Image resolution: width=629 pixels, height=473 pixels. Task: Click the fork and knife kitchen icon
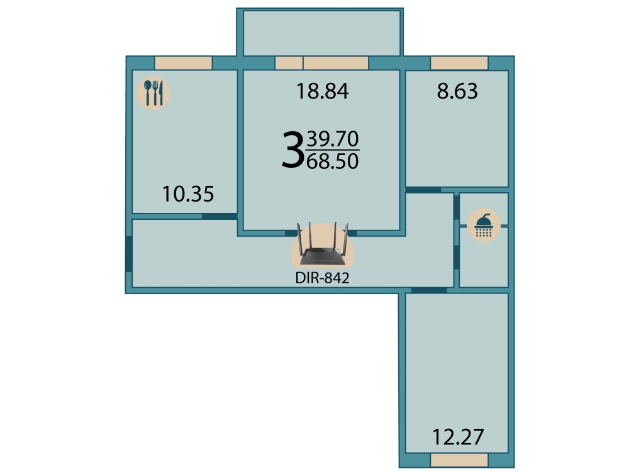tap(153, 93)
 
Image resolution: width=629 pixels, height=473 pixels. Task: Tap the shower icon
tap(483, 225)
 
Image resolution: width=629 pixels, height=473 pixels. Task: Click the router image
tap(323, 244)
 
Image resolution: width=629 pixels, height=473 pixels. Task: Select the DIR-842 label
tap(322, 278)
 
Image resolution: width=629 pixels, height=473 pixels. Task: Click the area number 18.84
tap(322, 91)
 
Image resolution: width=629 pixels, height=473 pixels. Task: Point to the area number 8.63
tap(457, 91)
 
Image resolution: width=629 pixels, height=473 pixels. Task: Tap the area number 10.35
tap(187, 194)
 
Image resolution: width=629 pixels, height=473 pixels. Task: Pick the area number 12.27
tap(458, 437)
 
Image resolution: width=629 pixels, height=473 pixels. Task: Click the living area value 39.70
tap(333, 139)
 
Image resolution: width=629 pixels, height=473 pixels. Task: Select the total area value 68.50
tap(333, 161)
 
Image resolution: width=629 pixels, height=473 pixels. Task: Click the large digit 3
tap(292, 150)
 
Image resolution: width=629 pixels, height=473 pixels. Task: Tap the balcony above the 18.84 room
tap(321, 33)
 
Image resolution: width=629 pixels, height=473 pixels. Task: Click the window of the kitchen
tap(183, 63)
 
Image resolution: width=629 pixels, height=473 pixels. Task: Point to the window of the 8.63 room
tap(459, 63)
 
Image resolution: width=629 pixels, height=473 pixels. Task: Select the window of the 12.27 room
tap(459, 460)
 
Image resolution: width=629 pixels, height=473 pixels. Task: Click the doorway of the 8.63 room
tap(423, 190)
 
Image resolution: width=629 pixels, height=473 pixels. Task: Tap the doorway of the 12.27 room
tap(429, 290)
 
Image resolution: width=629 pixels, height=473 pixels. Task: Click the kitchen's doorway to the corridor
tap(220, 216)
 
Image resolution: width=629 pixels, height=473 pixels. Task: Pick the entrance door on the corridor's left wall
tap(129, 254)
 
